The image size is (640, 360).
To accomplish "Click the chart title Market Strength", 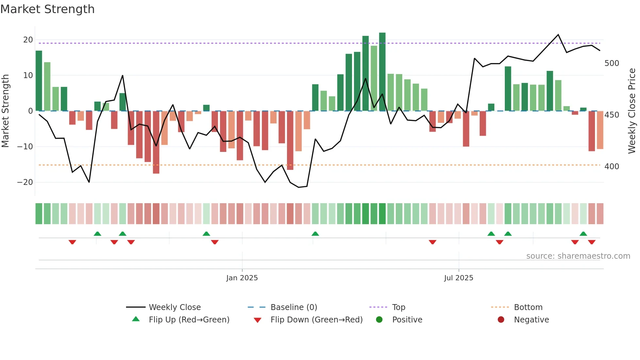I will coord(47,9).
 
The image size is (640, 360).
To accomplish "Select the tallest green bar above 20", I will coord(382,72).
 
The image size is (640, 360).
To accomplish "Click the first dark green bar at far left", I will coord(39,81).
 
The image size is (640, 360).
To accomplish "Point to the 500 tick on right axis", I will coord(612,63).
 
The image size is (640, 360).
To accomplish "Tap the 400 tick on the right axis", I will coord(612,167).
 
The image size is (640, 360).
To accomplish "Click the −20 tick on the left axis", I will coord(25,182).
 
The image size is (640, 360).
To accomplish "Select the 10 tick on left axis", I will coord(28,75).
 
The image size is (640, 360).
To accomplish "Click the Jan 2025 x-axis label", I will coord(242,278).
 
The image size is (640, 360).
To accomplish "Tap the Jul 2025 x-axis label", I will coord(458,278).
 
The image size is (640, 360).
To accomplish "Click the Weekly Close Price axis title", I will coord(632,111).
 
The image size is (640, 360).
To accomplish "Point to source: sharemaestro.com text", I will coord(578,256).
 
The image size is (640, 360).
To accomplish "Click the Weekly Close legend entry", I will coord(175,307).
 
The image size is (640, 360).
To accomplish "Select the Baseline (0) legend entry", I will coord(294,307).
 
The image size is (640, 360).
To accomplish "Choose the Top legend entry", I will coord(398,307).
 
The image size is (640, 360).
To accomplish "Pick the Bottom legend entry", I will coord(528,307).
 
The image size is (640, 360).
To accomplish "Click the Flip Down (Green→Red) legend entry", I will coord(316,320).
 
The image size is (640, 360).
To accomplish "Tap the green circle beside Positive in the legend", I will coord(379,320).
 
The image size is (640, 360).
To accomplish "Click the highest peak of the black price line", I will coord(558,35).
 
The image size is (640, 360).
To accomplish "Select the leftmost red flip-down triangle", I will coord(72,242).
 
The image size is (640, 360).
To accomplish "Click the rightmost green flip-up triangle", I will coord(583,234).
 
